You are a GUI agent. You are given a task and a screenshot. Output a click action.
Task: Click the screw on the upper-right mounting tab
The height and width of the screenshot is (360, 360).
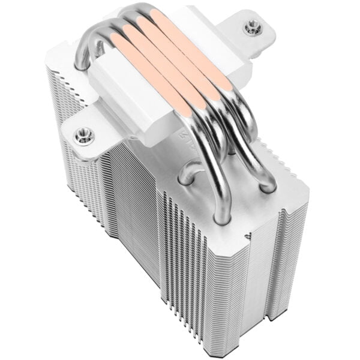[250, 26]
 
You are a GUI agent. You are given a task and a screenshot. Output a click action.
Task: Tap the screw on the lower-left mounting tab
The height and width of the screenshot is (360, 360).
[82, 136]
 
